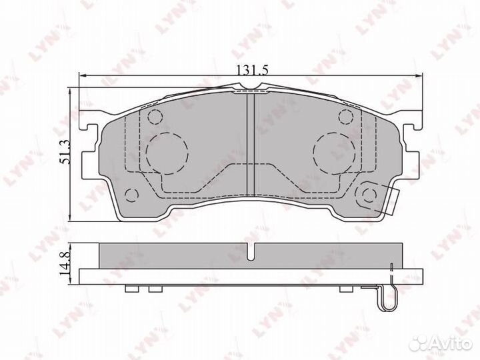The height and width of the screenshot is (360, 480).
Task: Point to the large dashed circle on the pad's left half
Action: (162, 150)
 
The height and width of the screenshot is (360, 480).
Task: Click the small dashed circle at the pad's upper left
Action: (154, 118)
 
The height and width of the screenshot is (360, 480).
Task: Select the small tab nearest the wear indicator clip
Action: (346, 289)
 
